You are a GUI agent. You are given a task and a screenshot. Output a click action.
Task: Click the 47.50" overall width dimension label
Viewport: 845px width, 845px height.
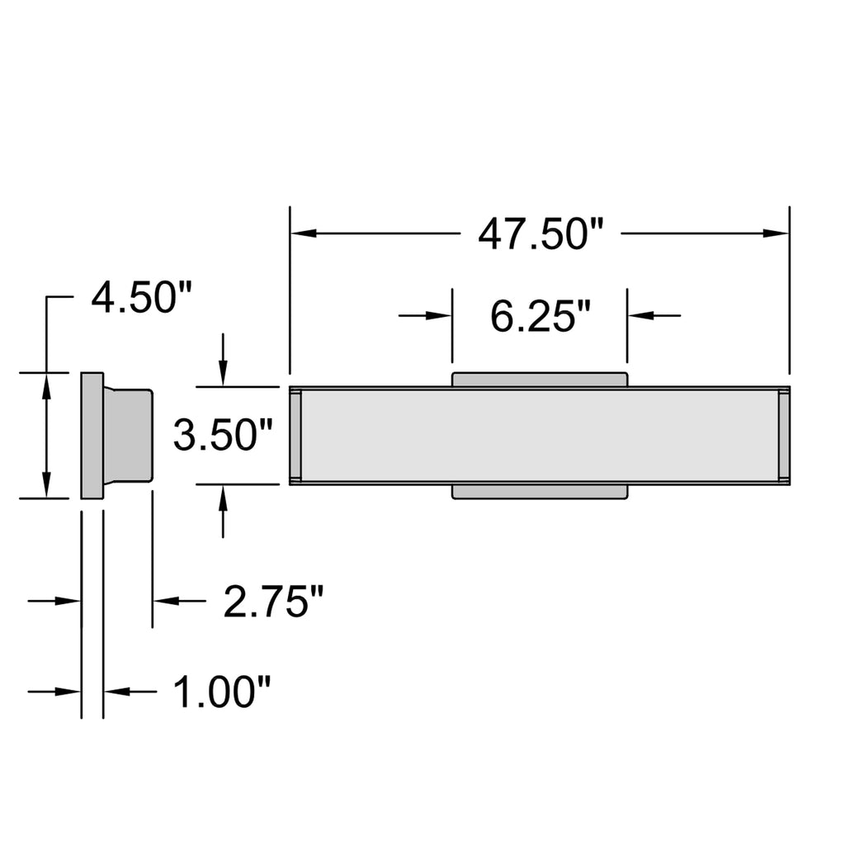point(540,234)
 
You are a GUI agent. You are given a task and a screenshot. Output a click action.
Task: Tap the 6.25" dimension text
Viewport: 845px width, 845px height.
point(540,316)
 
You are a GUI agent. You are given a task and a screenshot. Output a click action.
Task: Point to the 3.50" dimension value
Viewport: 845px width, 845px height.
point(223,436)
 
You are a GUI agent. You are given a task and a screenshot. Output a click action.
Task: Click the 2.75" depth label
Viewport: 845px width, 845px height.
point(273,601)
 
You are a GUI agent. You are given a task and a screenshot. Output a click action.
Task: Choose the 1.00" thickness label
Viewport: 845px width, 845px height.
point(221,692)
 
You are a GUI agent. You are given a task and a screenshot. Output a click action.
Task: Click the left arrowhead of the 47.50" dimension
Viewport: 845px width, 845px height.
point(304,234)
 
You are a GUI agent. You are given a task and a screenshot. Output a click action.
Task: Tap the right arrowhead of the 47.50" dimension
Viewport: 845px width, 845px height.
point(776,234)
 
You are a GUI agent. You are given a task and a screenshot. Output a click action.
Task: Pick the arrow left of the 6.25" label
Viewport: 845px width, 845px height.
point(425,315)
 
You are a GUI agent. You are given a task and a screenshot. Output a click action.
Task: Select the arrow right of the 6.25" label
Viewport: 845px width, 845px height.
point(654,315)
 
